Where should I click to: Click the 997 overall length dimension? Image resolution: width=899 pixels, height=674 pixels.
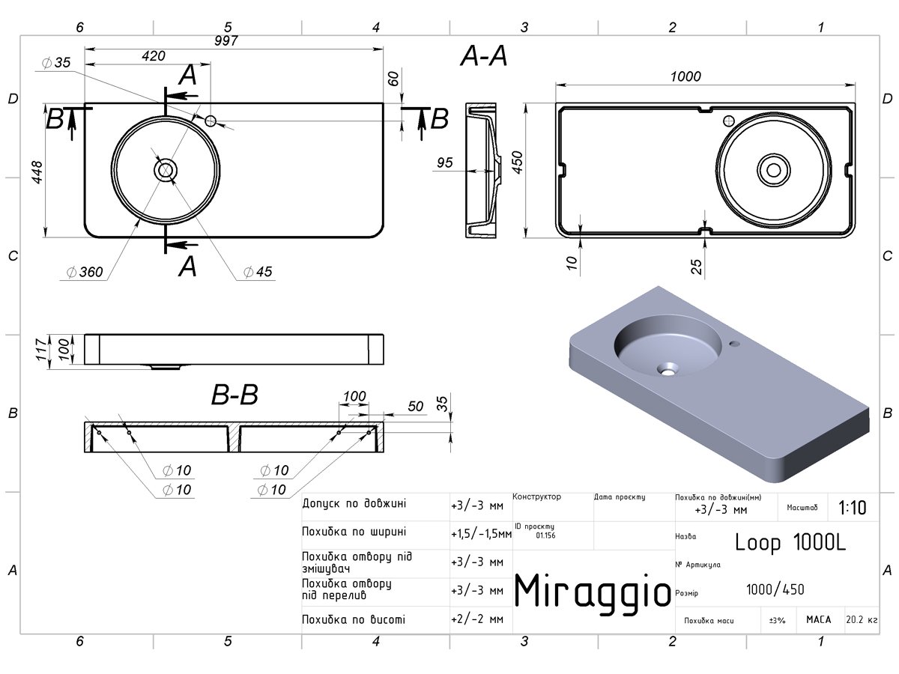pos(226,40)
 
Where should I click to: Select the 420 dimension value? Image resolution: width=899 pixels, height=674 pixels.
pos(153,55)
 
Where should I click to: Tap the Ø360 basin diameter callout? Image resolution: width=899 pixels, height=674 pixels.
pos(85,272)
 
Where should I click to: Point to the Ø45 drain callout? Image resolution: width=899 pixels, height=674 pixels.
pos(258,271)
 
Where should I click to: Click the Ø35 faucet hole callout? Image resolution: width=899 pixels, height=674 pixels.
pos(56,63)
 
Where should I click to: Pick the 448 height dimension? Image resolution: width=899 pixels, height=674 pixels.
pos(37,172)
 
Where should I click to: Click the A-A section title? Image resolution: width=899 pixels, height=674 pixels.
pos(484,56)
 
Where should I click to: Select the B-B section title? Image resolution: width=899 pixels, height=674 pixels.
pos(234,395)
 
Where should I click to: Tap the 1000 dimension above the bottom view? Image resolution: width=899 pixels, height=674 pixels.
pos(685,76)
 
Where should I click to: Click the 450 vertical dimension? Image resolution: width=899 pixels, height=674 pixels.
pos(517,162)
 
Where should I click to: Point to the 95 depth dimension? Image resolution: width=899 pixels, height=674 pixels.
pos(445,163)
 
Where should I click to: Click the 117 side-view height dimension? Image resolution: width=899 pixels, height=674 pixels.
pos(41,350)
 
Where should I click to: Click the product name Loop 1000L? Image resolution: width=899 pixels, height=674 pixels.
pos(790,543)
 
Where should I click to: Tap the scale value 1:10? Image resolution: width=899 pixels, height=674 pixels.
pos(853,508)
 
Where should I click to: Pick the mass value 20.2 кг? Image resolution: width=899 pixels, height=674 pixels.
pos(862,619)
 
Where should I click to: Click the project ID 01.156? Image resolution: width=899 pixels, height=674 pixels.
pos(545,535)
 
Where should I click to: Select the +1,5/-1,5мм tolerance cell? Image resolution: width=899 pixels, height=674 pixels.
pos(481,534)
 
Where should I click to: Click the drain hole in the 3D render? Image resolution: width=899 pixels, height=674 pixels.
pos(668,369)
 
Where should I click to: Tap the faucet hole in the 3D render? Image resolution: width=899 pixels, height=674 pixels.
pos(735,344)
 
